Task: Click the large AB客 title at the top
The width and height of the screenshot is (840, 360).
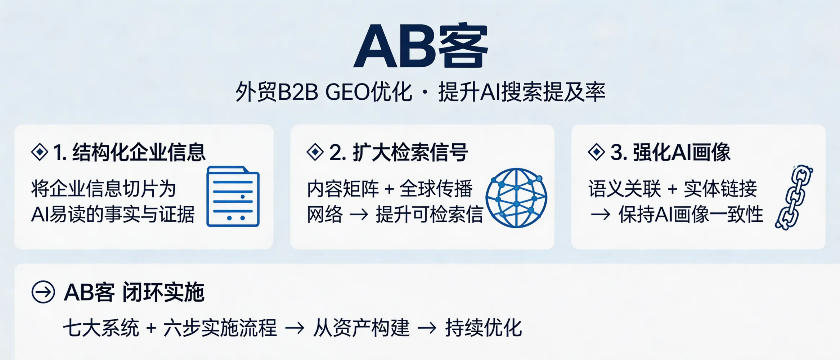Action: pos(420,46)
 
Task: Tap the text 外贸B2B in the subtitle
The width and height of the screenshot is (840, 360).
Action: pos(277,92)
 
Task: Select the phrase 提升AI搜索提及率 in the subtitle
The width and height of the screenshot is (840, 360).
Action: pos(522,92)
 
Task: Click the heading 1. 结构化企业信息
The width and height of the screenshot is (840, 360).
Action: pos(129,152)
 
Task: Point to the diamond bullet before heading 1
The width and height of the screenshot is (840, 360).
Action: pos(40,152)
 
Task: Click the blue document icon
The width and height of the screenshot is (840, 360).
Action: pos(233,197)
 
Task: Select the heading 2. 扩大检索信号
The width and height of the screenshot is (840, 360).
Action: pos(399,152)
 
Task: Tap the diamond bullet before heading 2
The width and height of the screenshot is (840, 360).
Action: pos(315,152)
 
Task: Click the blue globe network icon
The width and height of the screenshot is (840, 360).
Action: pos(516,198)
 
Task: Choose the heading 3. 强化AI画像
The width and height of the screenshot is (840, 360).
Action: pos(670,152)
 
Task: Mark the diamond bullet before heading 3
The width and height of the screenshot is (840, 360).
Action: pos(596,152)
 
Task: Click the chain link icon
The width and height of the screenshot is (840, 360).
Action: pos(794,197)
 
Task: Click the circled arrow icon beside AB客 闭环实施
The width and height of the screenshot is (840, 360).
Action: pos(43,292)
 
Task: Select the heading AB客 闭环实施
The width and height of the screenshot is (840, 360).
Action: pos(134,292)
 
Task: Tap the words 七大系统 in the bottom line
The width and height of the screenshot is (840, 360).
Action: pos(101,328)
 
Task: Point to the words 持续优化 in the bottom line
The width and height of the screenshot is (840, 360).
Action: pos(484,328)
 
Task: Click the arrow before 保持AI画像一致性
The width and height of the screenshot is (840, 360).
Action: pos(601,215)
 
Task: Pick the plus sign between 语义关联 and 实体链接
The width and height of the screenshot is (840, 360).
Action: pos(672,189)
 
